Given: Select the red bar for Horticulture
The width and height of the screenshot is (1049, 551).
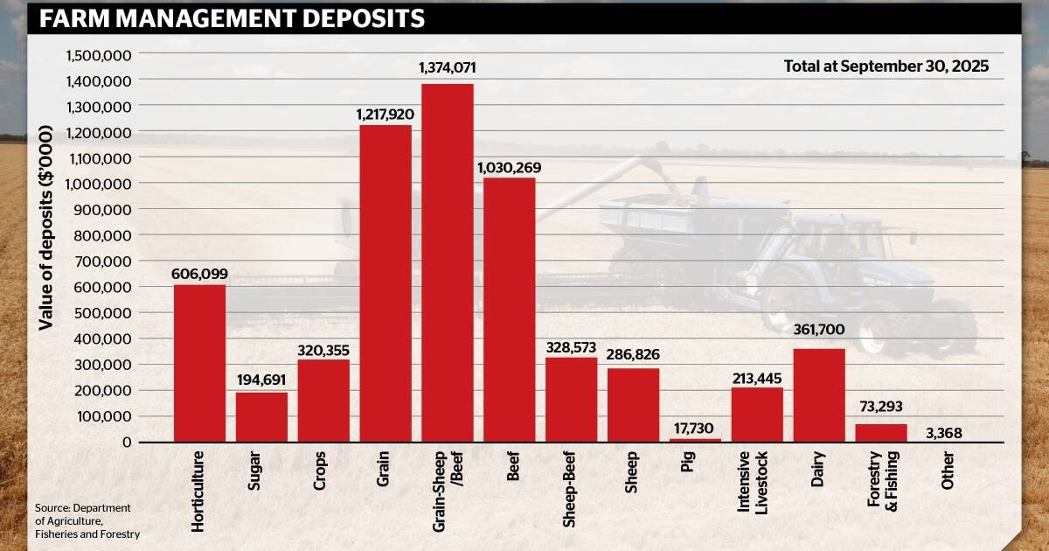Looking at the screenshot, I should pyautogui.click(x=199, y=363).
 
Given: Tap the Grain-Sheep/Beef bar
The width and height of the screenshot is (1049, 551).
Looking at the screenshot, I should pyautogui.click(x=448, y=262).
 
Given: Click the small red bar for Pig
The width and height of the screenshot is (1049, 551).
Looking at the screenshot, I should pyautogui.click(x=696, y=440).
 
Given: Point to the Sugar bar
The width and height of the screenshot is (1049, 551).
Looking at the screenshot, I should pyautogui.click(x=261, y=416).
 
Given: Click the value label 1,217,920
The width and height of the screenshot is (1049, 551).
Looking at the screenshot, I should pyautogui.click(x=386, y=115).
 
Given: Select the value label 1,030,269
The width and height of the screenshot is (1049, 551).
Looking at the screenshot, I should pyautogui.click(x=510, y=167).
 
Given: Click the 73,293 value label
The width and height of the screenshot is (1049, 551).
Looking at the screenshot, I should pyautogui.click(x=880, y=407).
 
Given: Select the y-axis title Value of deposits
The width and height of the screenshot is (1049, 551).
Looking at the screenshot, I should pyautogui.click(x=45, y=227).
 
